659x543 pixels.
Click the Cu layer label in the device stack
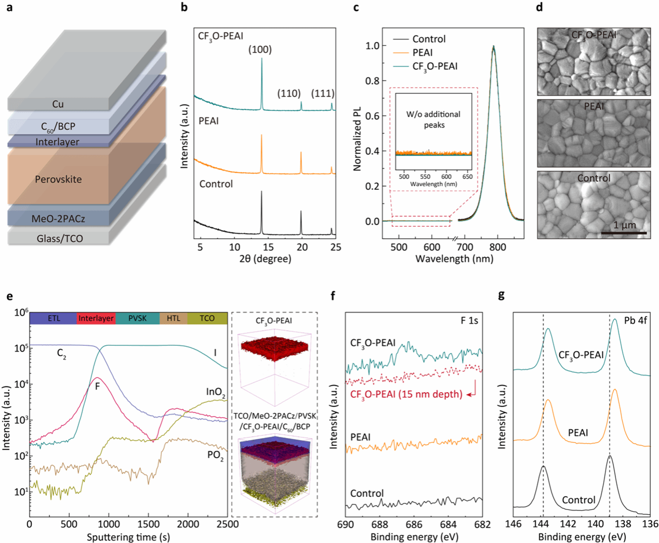coord(58,104)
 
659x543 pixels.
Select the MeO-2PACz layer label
coord(58,219)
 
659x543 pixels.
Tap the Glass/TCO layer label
coord(60,239)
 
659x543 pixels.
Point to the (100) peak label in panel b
coord(260,50)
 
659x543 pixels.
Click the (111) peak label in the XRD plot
coord(323,94)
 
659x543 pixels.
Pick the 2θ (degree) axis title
coord(265,259)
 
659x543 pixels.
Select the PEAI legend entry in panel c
coord(422,53)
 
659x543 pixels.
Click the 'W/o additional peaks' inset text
coord(433,120)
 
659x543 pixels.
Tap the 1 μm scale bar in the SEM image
coord(624,232)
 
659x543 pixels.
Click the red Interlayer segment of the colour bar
coord(96,318)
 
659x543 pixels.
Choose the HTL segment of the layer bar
coord(174,318)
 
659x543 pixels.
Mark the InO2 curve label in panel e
coord(216,392)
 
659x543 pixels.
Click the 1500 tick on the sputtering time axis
coord(148,524)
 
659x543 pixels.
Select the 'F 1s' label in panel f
coord(469,321)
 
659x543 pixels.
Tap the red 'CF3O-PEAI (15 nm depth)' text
coord(406,394)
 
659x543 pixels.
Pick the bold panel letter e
coord(9,296)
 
